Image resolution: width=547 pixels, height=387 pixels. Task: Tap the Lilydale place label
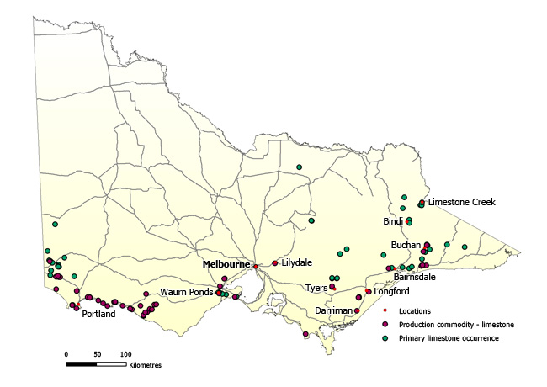click(x=296, y=262)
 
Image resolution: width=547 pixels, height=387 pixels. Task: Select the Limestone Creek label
click(x=461, y=202)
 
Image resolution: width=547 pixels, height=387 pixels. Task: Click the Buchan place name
click(x=406, y=245)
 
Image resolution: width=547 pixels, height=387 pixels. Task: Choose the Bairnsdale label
click(x=414, y=276)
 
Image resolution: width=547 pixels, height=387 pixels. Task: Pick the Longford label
click(x=391, y=292)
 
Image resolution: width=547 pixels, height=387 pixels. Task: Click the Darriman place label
click(x=332, y=310)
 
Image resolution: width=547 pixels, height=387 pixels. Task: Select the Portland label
click(x=99, y=314)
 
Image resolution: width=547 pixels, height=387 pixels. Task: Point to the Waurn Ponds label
click(x=188, y=292)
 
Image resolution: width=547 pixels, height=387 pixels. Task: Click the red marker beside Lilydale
click(x=275, y=263)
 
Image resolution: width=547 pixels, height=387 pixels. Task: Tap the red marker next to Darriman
click(x=357, y=310)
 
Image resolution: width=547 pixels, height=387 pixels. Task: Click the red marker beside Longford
click(x=369, y=292)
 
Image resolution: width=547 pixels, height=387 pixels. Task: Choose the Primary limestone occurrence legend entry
click(x=449, y=337)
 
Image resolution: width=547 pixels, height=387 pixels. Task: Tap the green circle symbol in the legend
click(x=385, y=337)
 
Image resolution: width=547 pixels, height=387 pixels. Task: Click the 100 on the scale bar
click(x=125, y=353)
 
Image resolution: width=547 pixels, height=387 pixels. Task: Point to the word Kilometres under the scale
click(x=145, y=366)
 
